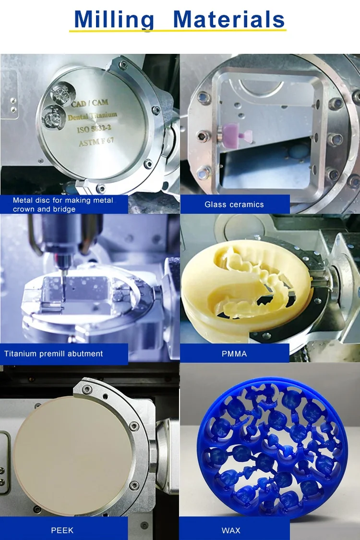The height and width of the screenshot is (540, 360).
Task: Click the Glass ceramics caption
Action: click(x=234, y=204)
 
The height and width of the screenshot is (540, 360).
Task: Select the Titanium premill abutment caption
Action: click(x=54, y=354)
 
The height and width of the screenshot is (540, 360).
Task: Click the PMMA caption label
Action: click(x=234, y=354)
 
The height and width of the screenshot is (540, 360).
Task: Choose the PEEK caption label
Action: click(x=62, y=530)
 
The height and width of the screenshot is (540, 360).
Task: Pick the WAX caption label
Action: click(x=231, y=530)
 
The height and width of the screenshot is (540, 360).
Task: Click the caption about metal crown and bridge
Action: click(x=63, y=205)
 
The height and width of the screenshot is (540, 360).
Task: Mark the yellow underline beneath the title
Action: click(x=178, y=31)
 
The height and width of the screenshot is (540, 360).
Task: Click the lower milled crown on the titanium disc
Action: click(x=52, y=116)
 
